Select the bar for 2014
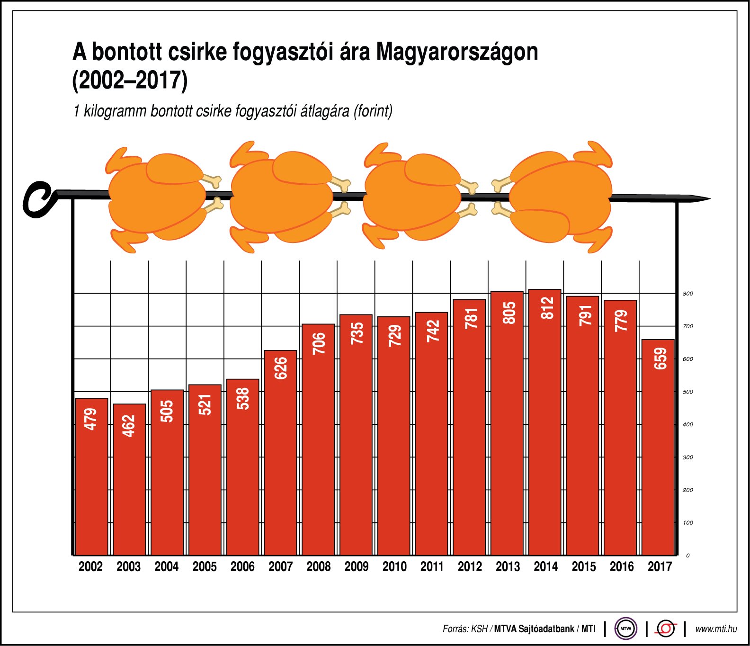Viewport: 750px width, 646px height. (545, 426)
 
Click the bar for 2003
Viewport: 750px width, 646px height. (129, 478)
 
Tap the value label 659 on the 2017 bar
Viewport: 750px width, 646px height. (660, 359)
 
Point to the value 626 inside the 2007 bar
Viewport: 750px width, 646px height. (281, 368)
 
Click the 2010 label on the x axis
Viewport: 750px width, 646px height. (394, 566)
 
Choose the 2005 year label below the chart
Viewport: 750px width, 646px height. (205, 566)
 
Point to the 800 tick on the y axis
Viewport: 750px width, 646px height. (687, 294)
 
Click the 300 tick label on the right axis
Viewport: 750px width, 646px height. (687, 458)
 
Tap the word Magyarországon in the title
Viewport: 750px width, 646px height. (457, 52)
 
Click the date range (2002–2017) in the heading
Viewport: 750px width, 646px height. (130, 80)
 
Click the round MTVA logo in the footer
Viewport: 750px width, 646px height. (625, 628)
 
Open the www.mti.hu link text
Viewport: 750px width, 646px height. (716, 629)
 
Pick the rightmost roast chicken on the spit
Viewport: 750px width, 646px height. (559, 197)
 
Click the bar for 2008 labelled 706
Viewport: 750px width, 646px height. (318, 440)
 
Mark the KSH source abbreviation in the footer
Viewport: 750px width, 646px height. (479, 629)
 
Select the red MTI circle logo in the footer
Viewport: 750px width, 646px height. (666, 628)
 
